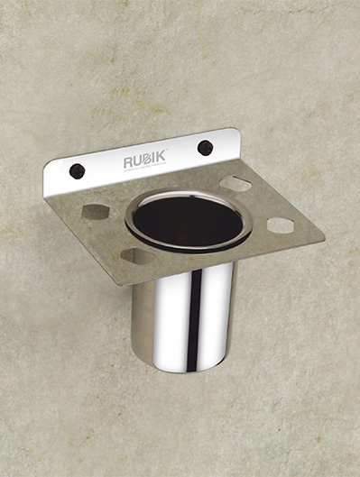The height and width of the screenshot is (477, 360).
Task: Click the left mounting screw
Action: tap(77, 170)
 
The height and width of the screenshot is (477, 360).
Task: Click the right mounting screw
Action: tap(205, 147)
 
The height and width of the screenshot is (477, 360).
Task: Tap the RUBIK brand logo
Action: tap(144, 161)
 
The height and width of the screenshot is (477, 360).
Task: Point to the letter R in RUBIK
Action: tap(127, 164)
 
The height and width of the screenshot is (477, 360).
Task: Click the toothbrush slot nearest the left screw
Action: tap(95, 212)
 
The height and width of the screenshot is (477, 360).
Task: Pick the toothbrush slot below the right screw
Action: tap(235, 184)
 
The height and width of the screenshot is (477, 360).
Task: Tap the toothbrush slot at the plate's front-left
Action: tap(138, 256)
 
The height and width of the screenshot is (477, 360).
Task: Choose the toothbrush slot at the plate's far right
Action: tap(281, 225)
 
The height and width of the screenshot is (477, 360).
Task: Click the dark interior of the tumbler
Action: tap(188, 221)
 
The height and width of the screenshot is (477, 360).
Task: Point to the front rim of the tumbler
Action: tap(191, 249)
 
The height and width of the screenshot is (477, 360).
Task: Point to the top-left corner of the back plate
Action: tap(45, 164)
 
